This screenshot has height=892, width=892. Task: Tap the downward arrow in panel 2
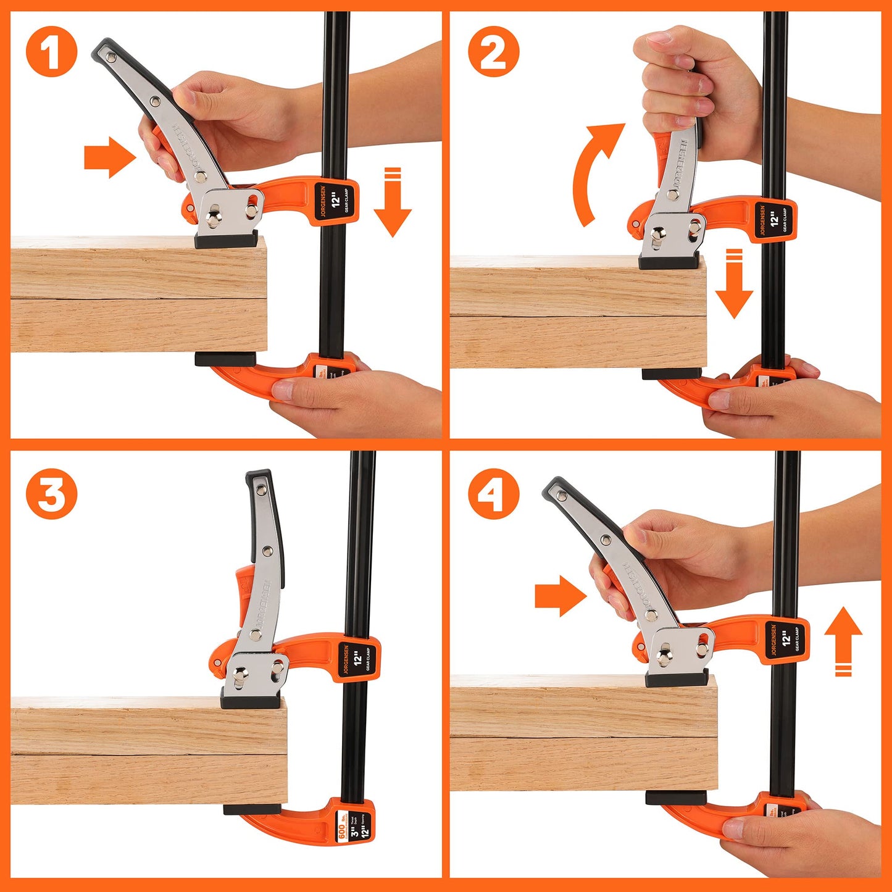point(734,284)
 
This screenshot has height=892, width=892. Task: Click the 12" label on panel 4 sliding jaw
point(786,639)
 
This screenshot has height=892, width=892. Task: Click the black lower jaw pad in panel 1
point(225,359)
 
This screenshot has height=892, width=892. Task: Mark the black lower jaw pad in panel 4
point(675,798)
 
